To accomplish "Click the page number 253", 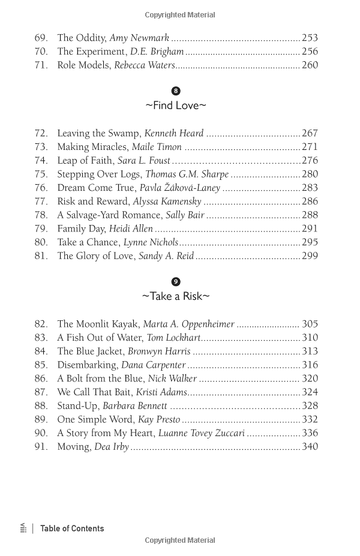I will point(310,38).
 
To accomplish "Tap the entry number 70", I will point(41,52).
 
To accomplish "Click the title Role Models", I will point(83,65).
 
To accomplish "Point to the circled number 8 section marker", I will point(176,91).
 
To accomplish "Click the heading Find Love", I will point(176,106).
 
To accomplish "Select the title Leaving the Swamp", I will point(99,133).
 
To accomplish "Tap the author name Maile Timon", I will point(157,147).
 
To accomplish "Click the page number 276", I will point(310,160).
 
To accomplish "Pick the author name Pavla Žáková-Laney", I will point(180,188).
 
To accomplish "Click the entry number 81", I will point(41,256).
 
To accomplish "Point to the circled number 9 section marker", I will point(176,282).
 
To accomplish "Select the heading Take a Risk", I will point(176,296).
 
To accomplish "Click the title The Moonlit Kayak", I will point(98,324).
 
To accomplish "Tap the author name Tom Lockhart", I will point(173,338).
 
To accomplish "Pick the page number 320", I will point(310,378).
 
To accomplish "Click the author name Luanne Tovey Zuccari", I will point(202,433).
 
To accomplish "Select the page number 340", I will point(310,446).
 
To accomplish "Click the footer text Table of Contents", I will point(72,528).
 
